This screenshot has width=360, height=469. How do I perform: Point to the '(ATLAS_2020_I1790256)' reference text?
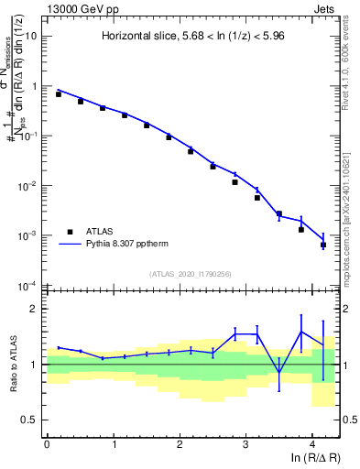click(191, 274)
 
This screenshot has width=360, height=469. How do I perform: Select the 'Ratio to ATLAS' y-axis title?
click(13, 365)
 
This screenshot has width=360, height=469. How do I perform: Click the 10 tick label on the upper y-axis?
click(31, 36)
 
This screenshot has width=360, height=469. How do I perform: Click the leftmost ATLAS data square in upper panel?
click(58, 94)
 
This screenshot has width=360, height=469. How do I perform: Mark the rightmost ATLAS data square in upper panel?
click(322, 245)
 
